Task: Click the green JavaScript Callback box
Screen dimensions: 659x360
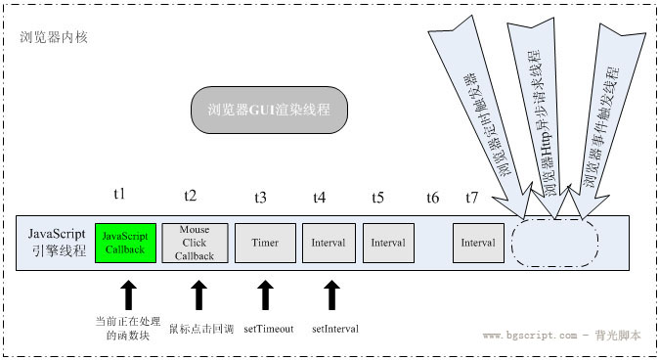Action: coord(124,243)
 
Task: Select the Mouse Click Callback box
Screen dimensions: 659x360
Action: coord(199,243)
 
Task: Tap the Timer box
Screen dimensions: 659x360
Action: coord(265,243)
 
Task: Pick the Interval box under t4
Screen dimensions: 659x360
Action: coord(329,243)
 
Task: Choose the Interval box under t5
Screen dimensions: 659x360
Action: coord(388,243)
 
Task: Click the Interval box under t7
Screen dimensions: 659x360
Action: coord(478,243)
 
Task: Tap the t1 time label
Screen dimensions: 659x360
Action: coord(120,197)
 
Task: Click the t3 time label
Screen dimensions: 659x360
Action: coord(260,197)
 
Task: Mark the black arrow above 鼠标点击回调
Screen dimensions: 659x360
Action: coord(198,296)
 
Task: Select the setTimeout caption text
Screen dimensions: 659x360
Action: coord(269,329)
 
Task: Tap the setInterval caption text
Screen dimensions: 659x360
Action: coord(335,329)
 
